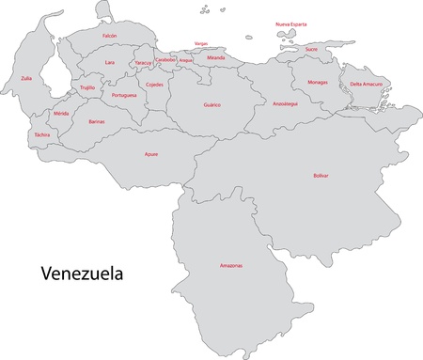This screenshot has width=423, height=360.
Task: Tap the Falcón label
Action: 109,35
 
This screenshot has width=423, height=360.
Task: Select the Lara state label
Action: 110,62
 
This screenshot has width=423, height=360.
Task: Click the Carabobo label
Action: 165,59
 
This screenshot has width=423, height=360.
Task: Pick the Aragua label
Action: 185,60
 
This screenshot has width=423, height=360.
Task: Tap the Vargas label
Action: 201,43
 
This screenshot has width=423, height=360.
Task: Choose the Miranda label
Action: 216,57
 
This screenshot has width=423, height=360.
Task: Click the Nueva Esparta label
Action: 291,23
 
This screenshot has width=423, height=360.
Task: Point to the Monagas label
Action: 318,82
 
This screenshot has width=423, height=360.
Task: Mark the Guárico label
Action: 211,105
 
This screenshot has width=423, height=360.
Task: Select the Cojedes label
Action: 154,85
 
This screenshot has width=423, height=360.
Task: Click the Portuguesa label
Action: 124,95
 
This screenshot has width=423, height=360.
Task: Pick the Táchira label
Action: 41,134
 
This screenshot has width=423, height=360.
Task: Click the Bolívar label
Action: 320,175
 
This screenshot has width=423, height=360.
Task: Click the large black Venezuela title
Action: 82,274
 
